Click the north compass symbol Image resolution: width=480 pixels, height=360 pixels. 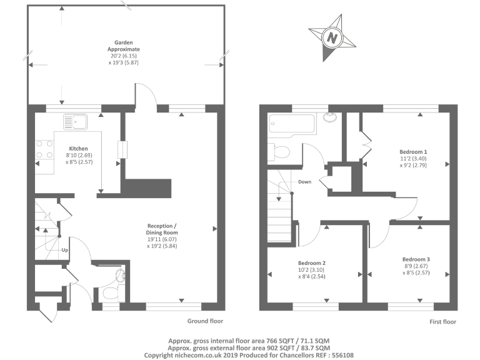tap(332, 37)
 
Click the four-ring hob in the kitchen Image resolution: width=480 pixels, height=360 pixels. tap(44, 148)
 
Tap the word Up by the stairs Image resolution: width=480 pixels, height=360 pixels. tap(64, 251)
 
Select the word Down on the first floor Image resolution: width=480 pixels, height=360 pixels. tap(304, 182)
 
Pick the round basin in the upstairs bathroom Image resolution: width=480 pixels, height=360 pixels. tap(329, 117)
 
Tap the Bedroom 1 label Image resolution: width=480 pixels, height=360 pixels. tap(413, 151)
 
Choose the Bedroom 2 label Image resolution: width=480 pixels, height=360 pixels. tap(312, 262)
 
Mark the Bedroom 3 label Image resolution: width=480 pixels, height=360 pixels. tap(416, 259)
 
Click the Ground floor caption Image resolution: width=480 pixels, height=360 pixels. tap(205, 321)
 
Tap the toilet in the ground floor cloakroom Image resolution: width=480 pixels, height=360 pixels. tap(110, 294)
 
